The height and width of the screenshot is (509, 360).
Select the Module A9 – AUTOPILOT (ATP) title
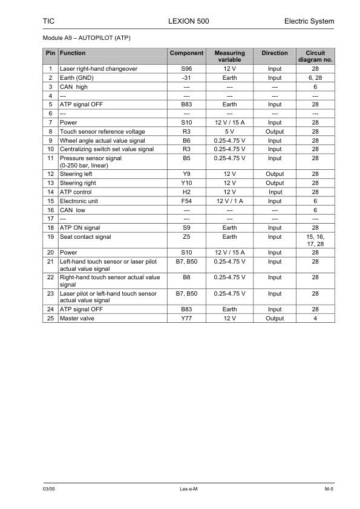pos(87,38)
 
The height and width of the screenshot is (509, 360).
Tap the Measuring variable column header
pos(229,56)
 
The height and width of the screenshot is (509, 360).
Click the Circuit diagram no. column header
pos(315,56)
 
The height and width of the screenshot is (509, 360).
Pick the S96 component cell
pos(186,69)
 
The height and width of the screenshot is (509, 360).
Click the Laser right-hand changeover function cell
pos(99,69)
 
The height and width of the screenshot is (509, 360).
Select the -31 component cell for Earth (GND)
pos(186,78)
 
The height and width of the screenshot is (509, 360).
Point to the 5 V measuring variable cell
pos(229,131)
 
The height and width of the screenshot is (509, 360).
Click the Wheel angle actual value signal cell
pos(102,140)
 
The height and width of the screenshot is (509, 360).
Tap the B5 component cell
pos(186,158)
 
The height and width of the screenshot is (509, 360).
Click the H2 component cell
pos(186,192)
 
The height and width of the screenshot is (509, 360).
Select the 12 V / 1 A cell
pos(229,201)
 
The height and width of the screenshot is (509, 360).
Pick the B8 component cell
pos(186,277)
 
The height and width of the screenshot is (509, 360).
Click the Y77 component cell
pos(186,318)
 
